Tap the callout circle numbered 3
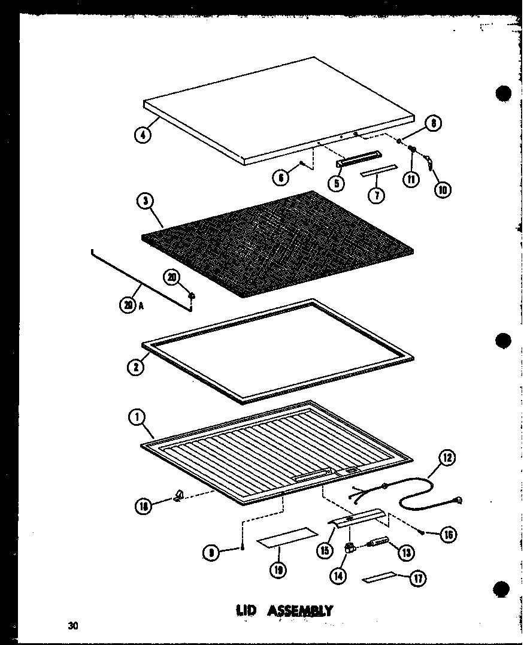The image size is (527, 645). tap(146, 201)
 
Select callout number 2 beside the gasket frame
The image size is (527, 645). tap(136, 367)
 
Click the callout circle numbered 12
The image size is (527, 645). tap(447, 459)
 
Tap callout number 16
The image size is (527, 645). tap(447, 535)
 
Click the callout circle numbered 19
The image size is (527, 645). tap(277, 570)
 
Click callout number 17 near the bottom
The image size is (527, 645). tap(417, 579)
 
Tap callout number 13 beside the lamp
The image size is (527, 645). tap(406, 552)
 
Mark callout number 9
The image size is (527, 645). tap(211, 554)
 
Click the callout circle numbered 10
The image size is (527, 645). tap(442, 191)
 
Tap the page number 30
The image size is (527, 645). tap(73, 626)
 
